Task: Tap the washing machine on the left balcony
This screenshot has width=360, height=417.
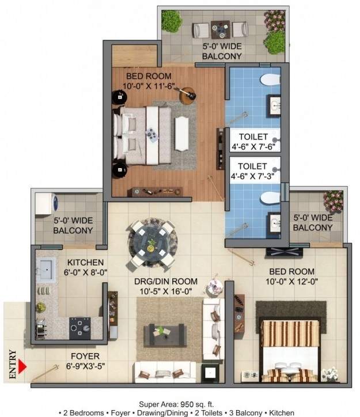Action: (x=48, y=204)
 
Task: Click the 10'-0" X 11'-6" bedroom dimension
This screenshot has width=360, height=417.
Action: (x=149, y=87)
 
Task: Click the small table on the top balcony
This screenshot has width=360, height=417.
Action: (x=219, y=27)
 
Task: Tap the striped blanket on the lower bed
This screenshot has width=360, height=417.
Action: (x=290, y=333)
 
